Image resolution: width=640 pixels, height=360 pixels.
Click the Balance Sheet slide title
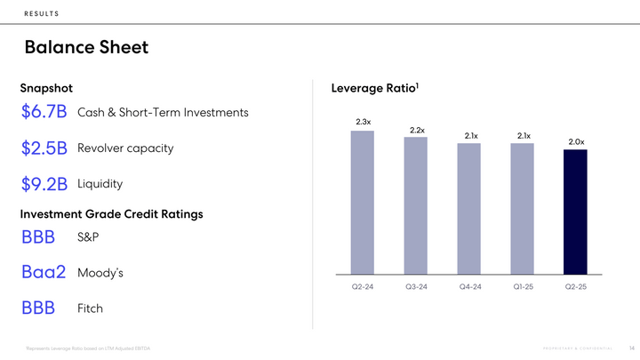(86, 47)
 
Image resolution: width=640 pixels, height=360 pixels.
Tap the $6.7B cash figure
(44, 113)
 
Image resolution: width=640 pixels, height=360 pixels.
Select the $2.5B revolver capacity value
(44, 148)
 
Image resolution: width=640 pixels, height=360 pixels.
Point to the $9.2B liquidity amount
(44, 184)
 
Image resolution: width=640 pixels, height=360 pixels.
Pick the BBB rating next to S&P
(38, 237)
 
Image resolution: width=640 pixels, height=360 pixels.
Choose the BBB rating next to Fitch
(38, 308)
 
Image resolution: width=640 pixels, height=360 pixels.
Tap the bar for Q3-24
(416, 204)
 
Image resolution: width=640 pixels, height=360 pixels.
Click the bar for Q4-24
(469, 208)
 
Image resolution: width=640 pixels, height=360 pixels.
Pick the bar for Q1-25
(523, 208)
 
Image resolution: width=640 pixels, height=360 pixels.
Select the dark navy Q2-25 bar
(576, 211)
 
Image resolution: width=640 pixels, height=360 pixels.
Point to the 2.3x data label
(363, 121)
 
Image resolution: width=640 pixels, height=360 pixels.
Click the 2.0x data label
(576, 141)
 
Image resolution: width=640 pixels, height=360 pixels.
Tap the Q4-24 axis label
(469, 287)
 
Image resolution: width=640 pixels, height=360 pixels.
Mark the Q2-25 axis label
(576, 287)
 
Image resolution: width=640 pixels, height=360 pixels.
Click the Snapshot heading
(46, 88)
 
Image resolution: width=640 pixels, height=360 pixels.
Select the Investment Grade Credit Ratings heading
(111, 214)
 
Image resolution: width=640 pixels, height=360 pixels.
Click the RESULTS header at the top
(43, 12)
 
